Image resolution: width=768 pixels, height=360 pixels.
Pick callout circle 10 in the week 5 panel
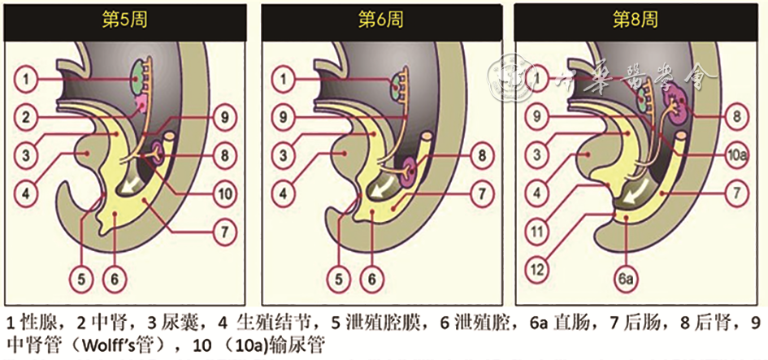tap(224, 193)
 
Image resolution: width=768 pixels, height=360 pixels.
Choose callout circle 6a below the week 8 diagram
tap(627, 279)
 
